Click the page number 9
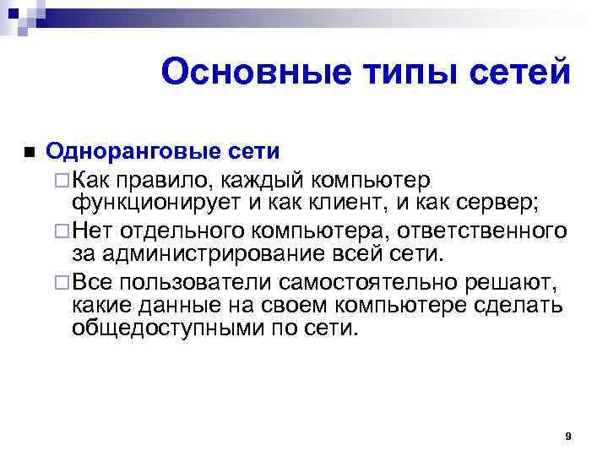568,437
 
